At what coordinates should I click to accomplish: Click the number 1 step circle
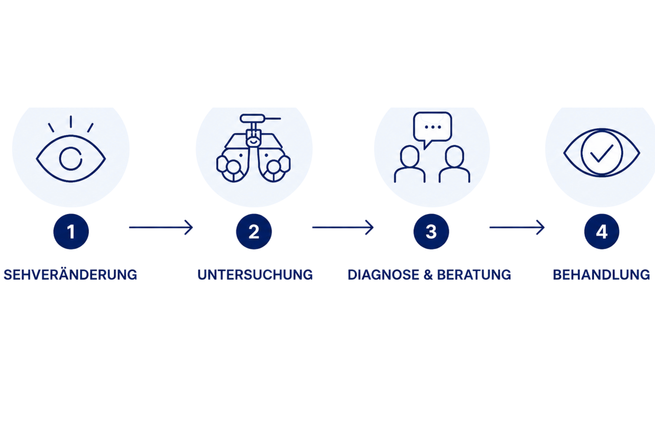[71, 231]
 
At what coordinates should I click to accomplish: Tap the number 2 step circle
[254, 231]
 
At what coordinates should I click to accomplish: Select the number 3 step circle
[431, 231]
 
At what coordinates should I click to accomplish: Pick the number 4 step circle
[602, 231]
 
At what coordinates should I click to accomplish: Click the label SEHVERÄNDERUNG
[70, 275]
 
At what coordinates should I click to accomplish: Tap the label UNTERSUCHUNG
[255, 275]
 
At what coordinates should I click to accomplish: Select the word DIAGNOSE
[383, 275]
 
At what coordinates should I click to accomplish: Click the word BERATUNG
[474, 275]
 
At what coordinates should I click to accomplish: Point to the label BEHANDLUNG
[601, 275]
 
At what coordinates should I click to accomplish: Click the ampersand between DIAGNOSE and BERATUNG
[428, 275]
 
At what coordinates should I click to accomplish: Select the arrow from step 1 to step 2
[161, 227]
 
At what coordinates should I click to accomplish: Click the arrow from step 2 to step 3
[343, 227]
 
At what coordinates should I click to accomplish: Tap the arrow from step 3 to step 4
[517, 227]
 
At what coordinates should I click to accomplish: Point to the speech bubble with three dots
[432, 128]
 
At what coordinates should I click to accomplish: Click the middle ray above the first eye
[71, 122]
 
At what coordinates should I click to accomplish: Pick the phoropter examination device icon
[253, 148]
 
